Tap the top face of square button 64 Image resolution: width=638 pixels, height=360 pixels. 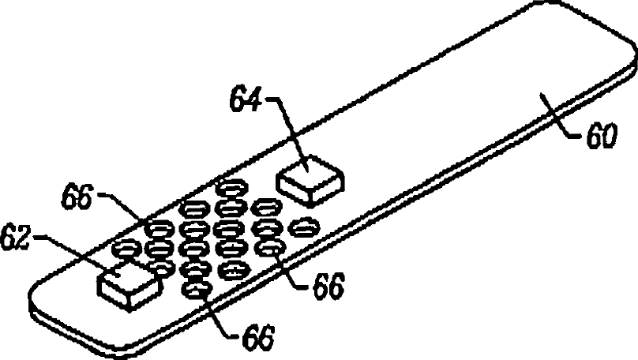tap(307, 173)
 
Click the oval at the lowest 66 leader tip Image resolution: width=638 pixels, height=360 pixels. tap(194, 290)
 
